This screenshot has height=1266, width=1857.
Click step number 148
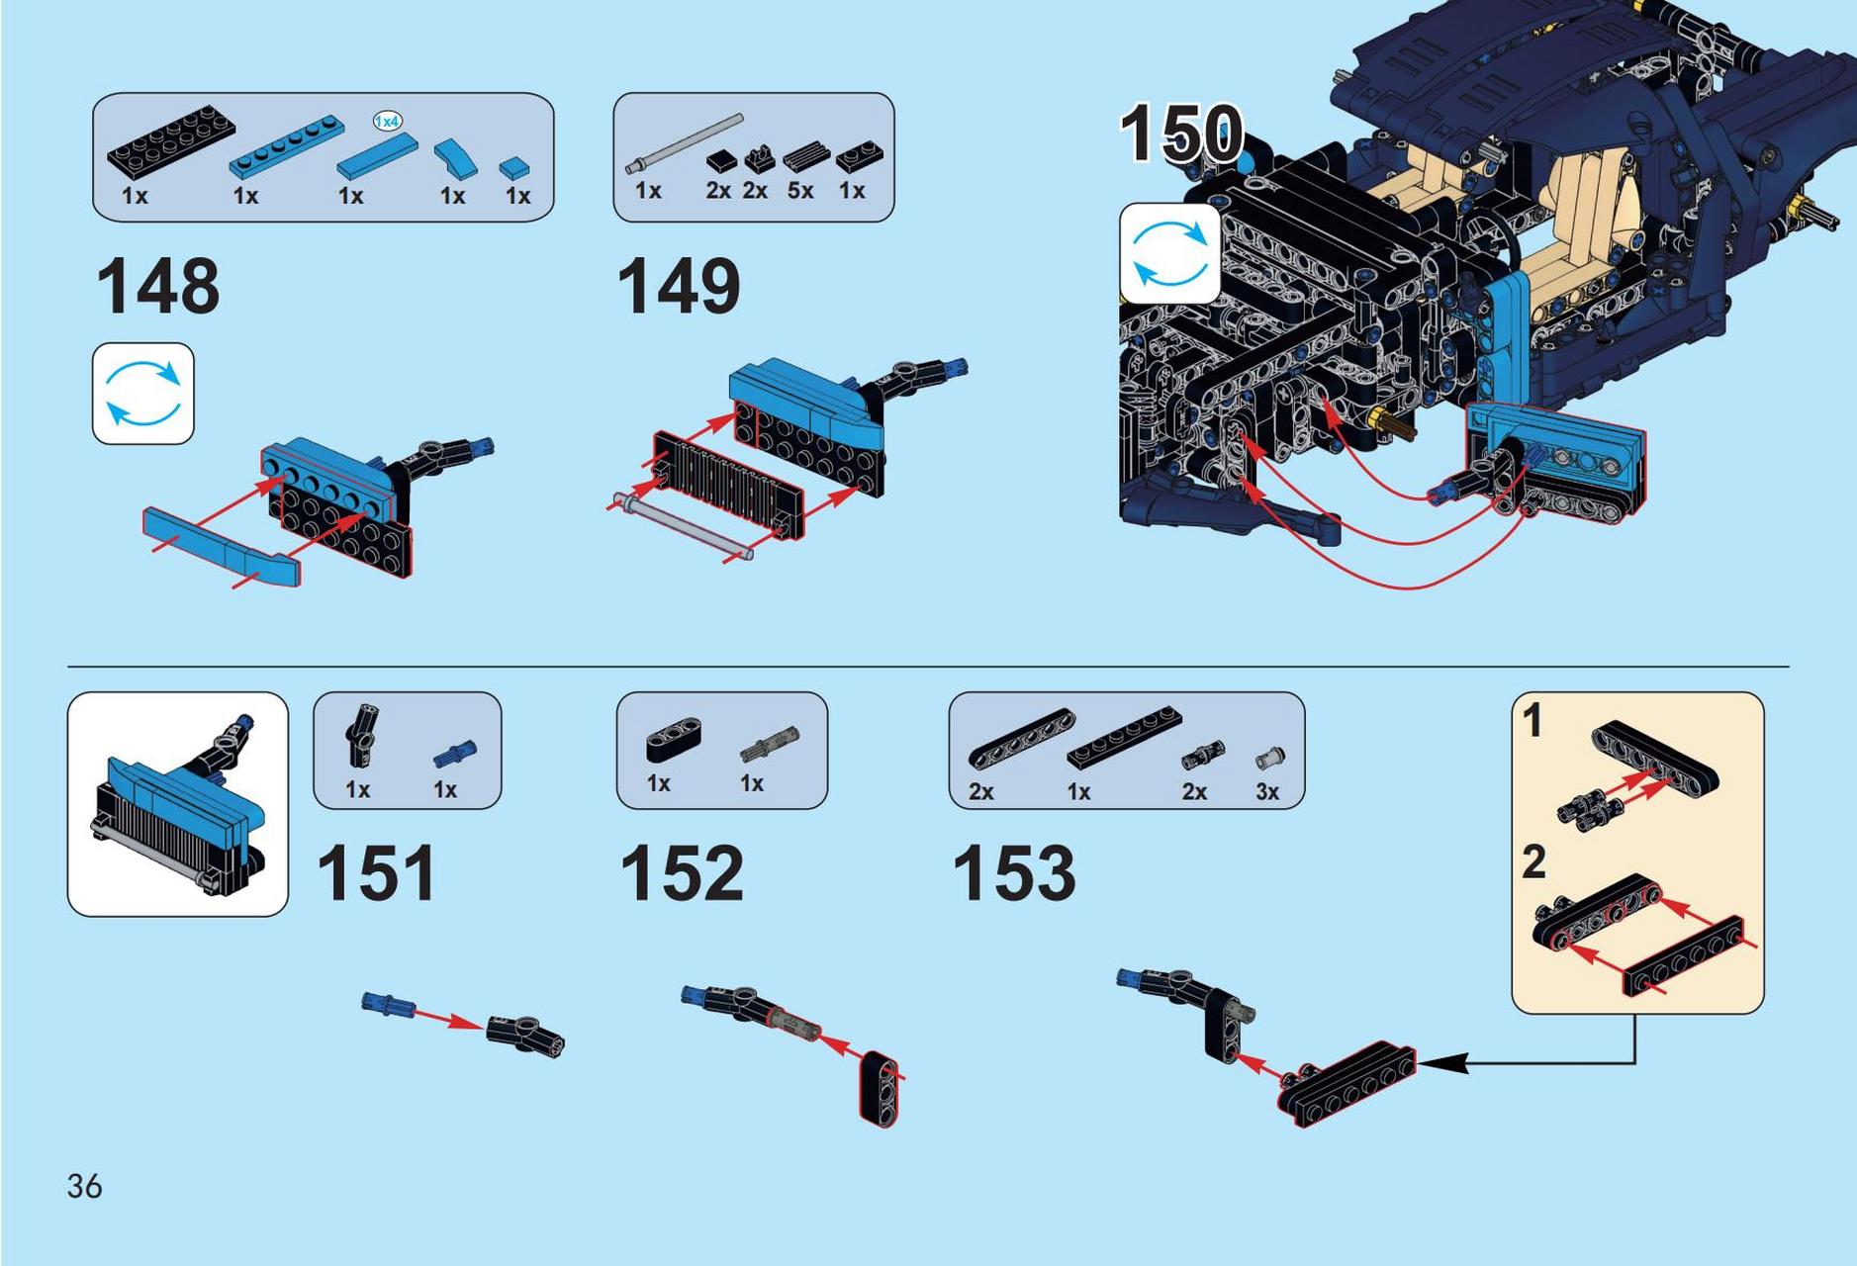coord(158,287)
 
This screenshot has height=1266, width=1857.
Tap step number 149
coord(679,287)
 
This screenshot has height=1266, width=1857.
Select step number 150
coord(1182,134)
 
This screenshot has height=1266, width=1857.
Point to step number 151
coord(376,872)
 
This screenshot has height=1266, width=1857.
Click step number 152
coord(682,872)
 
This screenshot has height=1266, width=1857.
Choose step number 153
coord(1014,872)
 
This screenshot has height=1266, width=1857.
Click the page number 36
coord(84,1186)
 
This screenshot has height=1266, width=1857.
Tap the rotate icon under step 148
coord(143,394)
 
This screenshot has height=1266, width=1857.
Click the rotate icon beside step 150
coord(1170,253)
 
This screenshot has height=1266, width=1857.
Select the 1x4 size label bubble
coord(388,121)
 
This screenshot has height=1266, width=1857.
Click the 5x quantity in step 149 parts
coord(800,190)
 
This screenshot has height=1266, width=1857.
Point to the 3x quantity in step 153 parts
coord(1267,791)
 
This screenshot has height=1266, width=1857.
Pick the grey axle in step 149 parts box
coord(684,143)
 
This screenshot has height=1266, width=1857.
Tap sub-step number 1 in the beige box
coord(1532,720)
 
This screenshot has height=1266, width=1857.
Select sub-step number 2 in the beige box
coord(1533,861)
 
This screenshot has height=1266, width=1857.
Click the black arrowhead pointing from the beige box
coord(1441,1063)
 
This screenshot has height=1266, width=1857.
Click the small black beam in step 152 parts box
coord(673,742)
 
